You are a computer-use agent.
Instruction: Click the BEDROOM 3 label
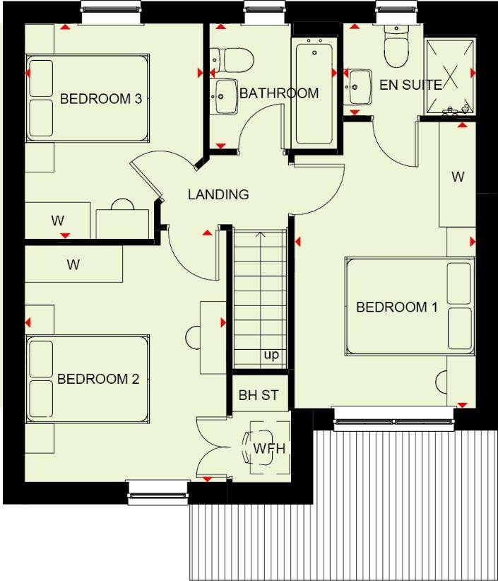point(101,98)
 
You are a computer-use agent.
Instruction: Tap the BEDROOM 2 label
point(98,379)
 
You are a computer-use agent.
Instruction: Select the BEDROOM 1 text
point(397,307)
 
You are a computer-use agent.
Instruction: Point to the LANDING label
point(218,194)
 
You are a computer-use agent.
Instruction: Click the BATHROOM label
point(279,93)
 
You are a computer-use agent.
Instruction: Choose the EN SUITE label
point(410,85)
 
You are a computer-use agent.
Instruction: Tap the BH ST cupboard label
point(259,395)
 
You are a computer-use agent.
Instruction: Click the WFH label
point(270,448)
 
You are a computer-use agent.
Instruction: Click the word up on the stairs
point(271,355)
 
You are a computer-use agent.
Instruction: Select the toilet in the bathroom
point(232,60)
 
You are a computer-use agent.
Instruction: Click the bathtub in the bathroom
point(314,94)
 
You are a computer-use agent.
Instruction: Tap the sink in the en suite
point(357,87)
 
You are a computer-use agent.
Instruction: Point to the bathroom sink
point(225,96)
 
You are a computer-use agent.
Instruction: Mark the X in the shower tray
point(449,76)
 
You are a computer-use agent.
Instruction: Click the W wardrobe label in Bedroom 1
point(458,177)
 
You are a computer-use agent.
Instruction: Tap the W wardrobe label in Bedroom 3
point(58,221)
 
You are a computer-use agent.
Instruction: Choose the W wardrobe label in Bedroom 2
point(73,264)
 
